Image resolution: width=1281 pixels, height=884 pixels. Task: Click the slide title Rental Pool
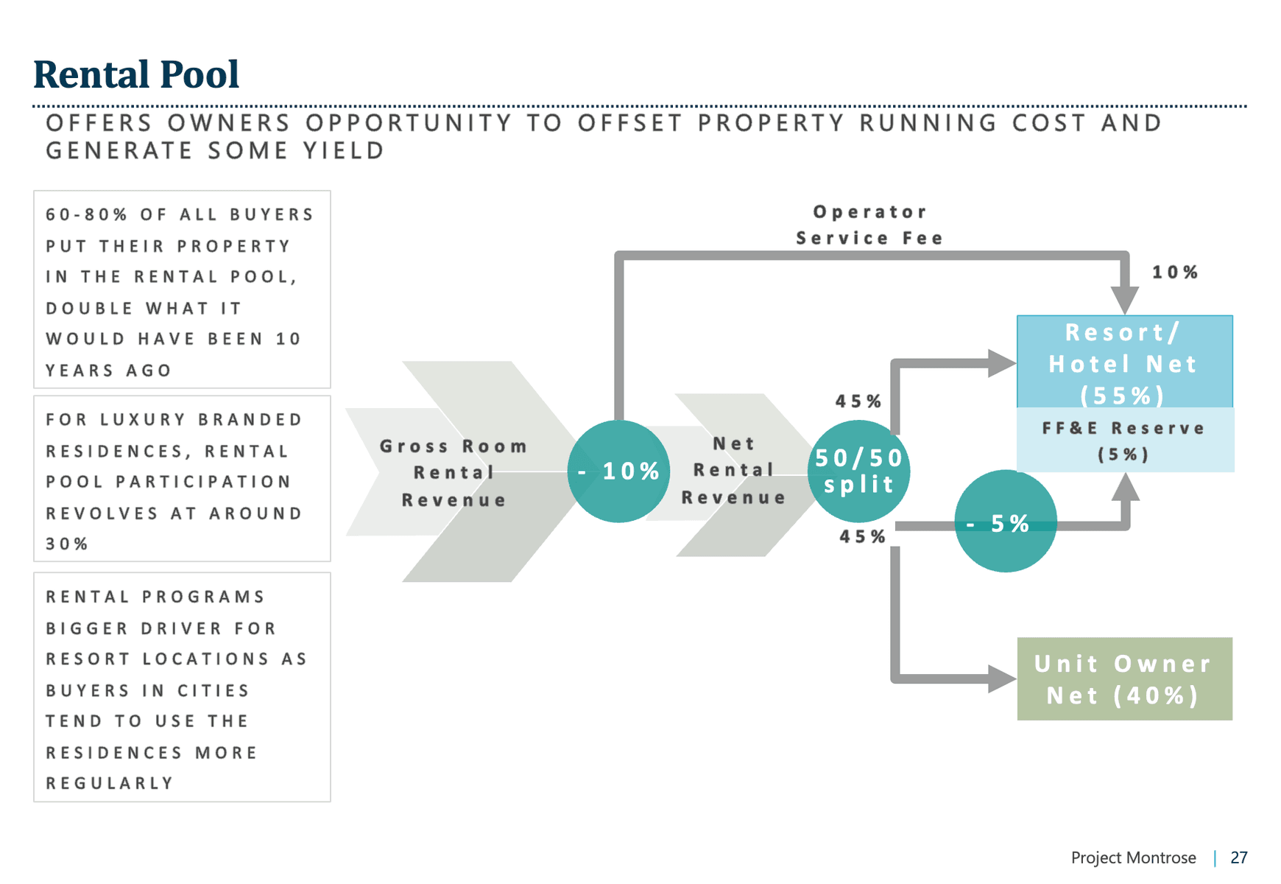[x=136, y=74]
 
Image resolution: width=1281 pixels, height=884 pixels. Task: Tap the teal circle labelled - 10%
[x=618, y=471]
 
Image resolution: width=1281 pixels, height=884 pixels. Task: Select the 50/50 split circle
[x=858, y=471]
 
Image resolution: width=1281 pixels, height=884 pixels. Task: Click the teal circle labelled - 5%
[x=1005, y=522]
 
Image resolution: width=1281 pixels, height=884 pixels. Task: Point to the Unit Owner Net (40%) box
[x=1124, y=678]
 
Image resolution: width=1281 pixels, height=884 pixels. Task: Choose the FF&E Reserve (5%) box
[x=1124, y=441]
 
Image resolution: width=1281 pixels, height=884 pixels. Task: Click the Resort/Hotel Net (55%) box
[x=1124, y=362]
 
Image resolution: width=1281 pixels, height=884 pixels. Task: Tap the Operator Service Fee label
[x=869, y=225]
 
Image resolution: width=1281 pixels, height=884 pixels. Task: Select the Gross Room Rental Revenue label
[x=454, y=473]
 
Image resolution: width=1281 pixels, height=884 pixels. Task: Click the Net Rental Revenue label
[x=734, y=471]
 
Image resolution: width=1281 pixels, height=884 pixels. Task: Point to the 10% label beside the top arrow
[x=1175, y=273]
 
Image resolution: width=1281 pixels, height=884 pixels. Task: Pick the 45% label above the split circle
[x=858, y=401]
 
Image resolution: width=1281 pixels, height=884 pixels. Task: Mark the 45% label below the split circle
[x=862, y=537]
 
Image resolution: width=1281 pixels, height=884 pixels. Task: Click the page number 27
[x=1239, y=857]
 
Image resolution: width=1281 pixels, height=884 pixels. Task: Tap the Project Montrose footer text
[x=1133, y=857]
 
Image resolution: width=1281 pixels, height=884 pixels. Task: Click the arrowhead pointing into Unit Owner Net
[x=1002, y=678]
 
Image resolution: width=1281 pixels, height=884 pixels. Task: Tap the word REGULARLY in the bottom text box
[x=110, y=783]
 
